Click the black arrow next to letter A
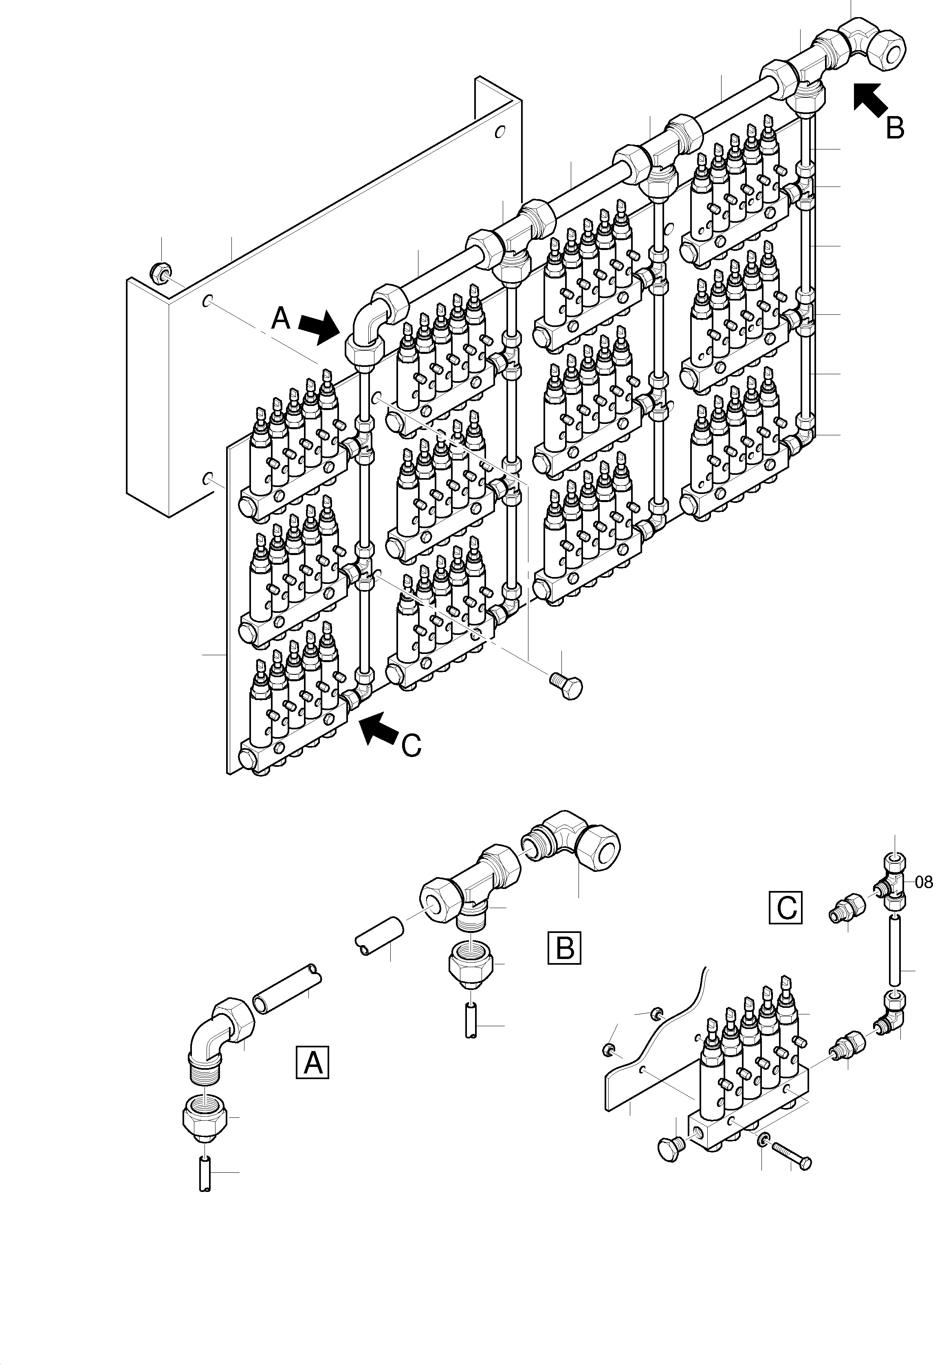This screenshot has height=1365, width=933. [x=319, y=327]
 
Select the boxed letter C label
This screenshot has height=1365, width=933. [x=786, y=909]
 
